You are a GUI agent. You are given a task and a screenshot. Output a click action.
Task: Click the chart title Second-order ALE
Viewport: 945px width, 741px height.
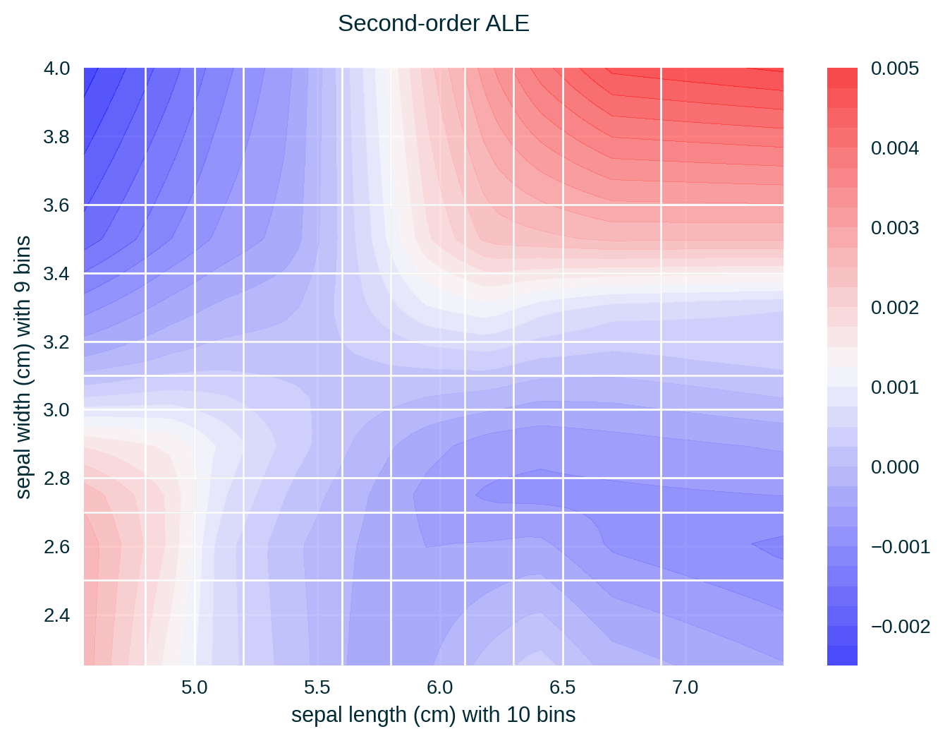(x=433, y=23)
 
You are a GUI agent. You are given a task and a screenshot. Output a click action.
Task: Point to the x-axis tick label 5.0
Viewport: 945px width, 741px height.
(x=194, y=687)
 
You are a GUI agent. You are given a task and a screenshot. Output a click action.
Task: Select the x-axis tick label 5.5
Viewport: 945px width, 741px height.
(x=317, y=687)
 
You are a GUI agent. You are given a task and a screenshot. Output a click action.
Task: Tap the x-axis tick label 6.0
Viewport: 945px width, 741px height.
(x=439, y=687)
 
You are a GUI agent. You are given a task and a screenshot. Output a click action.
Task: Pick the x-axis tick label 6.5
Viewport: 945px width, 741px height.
(x=562, y=687)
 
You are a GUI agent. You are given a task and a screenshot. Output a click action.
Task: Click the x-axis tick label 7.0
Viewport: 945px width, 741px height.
(x=685, y=687)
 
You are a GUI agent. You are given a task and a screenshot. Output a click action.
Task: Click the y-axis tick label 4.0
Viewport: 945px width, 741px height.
(x=56, y=68)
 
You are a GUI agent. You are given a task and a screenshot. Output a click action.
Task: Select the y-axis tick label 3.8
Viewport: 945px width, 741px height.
(x=56, y=137)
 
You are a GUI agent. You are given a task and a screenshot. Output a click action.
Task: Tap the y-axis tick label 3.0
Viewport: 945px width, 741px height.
(x=56, y=410)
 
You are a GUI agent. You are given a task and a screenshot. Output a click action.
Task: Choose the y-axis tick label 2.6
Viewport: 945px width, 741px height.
(x=56, y=547)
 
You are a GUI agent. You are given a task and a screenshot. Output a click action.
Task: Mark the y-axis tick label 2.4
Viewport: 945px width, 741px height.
(x=56, y=615)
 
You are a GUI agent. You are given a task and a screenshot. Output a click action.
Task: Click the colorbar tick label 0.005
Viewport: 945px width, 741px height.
(x=894, y=68)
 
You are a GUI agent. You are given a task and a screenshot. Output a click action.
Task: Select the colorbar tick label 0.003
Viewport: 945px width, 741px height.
(x=894, y=228)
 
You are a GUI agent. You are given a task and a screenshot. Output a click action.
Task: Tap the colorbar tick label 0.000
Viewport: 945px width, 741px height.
(x=894, y=467)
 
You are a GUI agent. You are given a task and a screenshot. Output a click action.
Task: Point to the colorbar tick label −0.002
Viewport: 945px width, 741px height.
(x=901, y=627)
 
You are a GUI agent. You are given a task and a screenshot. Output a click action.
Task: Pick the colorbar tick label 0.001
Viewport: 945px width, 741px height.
(x=894, y=387)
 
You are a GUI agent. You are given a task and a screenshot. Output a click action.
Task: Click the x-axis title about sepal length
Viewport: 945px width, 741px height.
(x=433, y=715)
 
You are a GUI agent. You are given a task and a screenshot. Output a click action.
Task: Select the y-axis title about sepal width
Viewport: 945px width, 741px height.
(x=23, y=367)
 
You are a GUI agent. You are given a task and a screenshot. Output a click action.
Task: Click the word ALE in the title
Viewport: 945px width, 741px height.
(x=506, y=23)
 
